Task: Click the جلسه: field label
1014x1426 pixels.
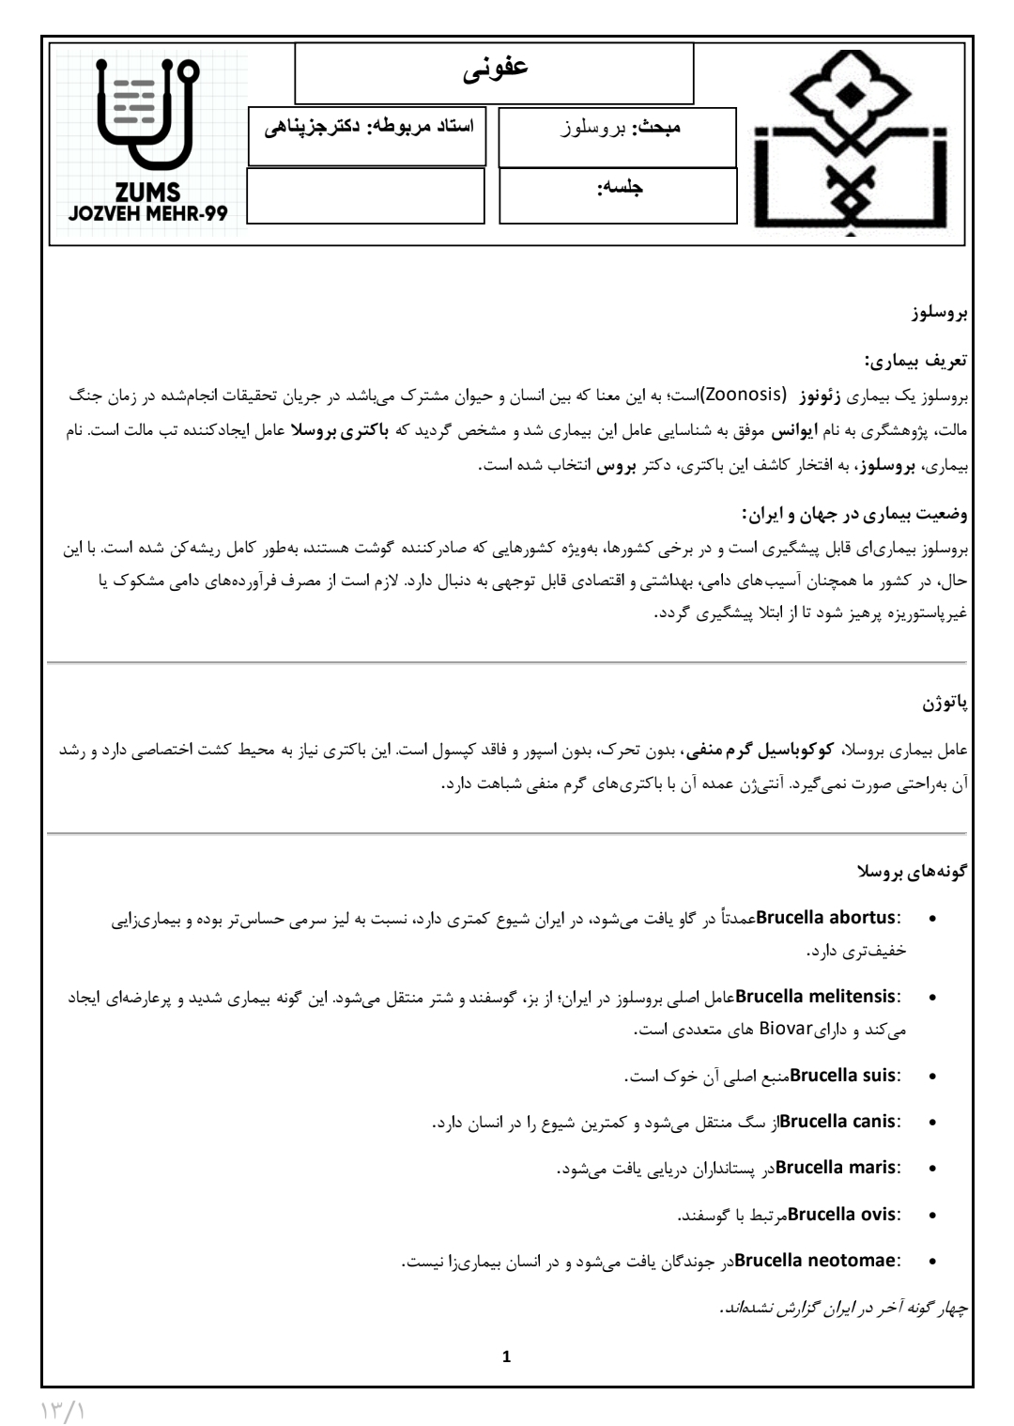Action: (x=621, y=187)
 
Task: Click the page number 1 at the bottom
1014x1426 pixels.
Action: (x=507, y=1356)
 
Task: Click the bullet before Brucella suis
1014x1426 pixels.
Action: (x=931, y=1076)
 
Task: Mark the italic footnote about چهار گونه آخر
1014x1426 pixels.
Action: (x=843, y=1308)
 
